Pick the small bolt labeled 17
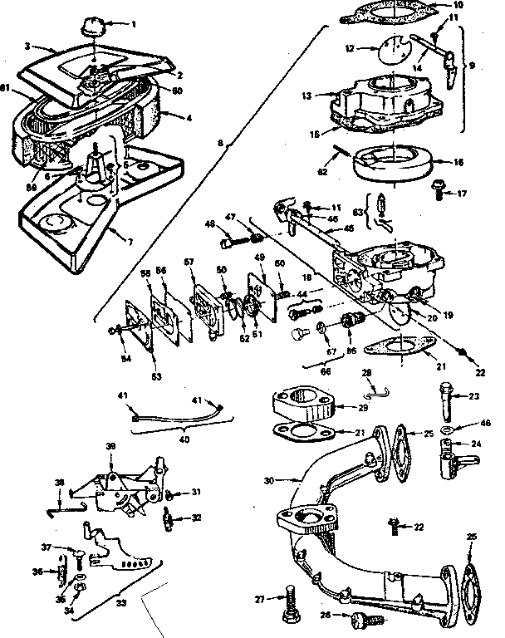click(439, 193)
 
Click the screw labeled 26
click(362, 617)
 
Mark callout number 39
click(110, 447)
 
